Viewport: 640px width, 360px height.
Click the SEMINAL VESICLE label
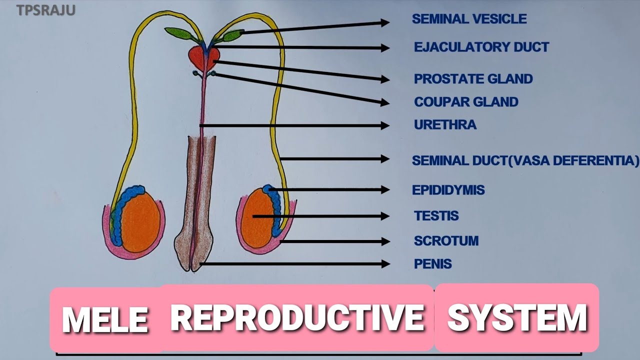tap(469, 19)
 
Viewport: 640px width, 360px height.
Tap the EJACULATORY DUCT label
tap(481, 47)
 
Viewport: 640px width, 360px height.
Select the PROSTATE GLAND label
tap(473, 79)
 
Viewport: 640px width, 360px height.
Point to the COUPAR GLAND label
tap(466, 102)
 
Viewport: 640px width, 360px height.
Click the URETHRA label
tap(445, 124)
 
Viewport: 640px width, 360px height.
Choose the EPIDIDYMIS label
tap(448, 190)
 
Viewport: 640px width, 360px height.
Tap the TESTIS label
tap(436, 216)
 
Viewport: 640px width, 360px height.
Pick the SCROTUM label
tap(446, 241)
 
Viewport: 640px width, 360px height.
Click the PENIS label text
tap(432, 263)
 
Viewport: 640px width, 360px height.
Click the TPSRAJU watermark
tap(46, 10)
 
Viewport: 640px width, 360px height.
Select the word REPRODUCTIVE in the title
tap(297, 317)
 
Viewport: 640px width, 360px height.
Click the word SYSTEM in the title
tap(517, 317)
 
